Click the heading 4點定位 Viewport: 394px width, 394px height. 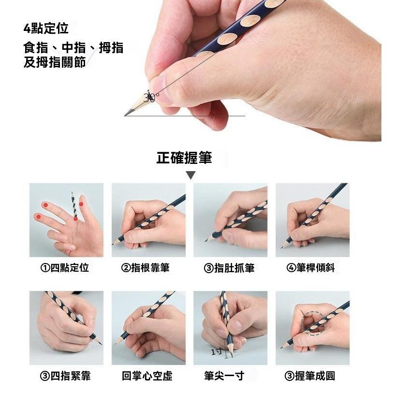46,29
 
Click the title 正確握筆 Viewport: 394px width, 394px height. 184,158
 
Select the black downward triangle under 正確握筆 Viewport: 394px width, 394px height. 191,175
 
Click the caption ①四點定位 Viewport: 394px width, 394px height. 65,268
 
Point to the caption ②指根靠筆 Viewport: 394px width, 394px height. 146,268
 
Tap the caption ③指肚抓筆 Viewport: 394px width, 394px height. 229,268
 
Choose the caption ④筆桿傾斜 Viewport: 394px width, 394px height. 310,268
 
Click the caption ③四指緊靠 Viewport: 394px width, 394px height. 65,376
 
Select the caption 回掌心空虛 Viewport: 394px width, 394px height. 147,376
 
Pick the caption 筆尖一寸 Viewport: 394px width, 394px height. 224,376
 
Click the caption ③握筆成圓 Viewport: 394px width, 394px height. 310,376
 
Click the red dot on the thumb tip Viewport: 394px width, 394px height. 81,204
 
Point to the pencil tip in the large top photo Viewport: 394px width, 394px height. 125,116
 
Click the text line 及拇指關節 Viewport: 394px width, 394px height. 55,62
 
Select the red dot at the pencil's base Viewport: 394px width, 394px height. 75,219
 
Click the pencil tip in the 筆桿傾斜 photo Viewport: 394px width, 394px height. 281,248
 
